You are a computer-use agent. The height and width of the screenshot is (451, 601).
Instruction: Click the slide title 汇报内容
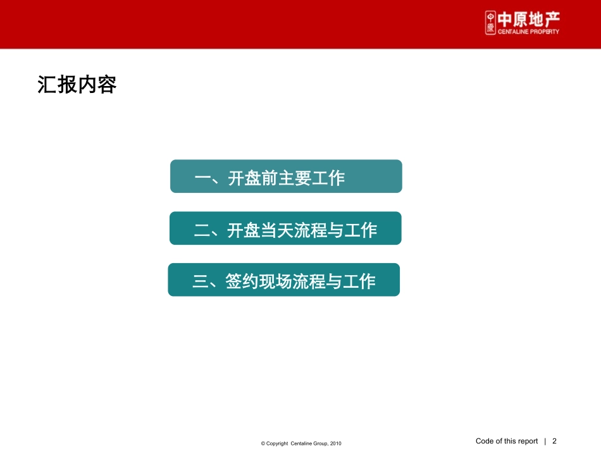click(77, 85)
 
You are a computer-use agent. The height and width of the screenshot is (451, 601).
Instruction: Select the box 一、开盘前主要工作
click(286, 176)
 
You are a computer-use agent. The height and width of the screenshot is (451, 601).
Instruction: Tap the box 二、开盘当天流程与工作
click(285, 228)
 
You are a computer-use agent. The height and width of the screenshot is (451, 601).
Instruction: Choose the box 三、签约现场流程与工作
click(283, 280)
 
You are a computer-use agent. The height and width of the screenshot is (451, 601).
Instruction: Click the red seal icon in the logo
click(490, 23)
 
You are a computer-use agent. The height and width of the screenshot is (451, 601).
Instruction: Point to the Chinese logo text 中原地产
click(529, 19)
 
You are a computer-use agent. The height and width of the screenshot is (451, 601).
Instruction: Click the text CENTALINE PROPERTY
click(529, 32)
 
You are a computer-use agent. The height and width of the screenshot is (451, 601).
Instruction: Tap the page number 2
click(555, 442)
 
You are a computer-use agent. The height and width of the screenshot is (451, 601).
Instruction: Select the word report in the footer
click(526, 442)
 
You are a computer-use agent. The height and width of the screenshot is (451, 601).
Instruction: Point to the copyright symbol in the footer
click(263, 444)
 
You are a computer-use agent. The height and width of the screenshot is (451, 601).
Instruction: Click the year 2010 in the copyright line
click(336, 444)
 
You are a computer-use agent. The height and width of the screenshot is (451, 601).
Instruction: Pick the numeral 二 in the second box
click(202, 231)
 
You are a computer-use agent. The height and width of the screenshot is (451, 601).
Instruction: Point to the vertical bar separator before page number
click(545, 442)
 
